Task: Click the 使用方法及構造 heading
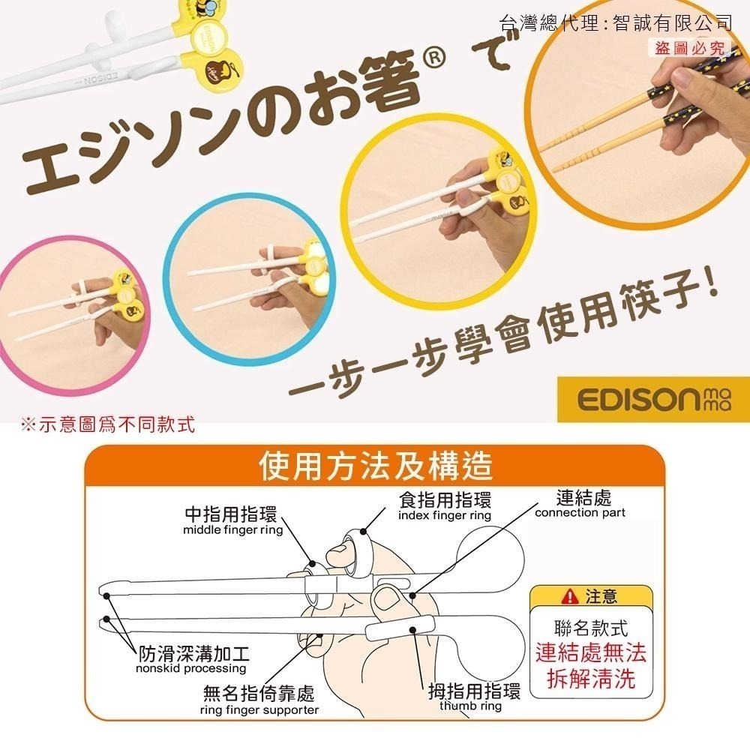click(x=376, y=466)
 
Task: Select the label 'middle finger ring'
click(x=232, y=530)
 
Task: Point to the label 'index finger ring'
click(x=444, y=516)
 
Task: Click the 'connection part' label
click(x=580, y=513)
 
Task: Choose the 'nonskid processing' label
click(x=190, y=668)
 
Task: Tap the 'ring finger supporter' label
click(x=259, y=709)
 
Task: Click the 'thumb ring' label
click(x=470, y=706)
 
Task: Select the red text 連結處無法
click(x=591, y=652)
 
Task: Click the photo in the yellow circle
click(x=435, y=202)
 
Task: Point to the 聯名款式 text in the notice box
click(x=591, y=628)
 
